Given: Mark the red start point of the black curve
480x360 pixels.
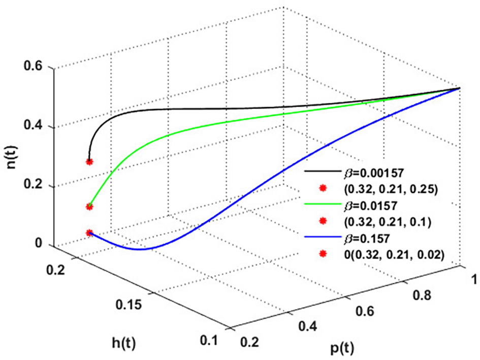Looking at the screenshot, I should [x=90, y=162].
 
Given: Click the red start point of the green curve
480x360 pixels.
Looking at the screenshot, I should [x=89, y=207].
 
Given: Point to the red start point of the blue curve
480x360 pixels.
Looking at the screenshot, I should [x=90, y=233].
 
